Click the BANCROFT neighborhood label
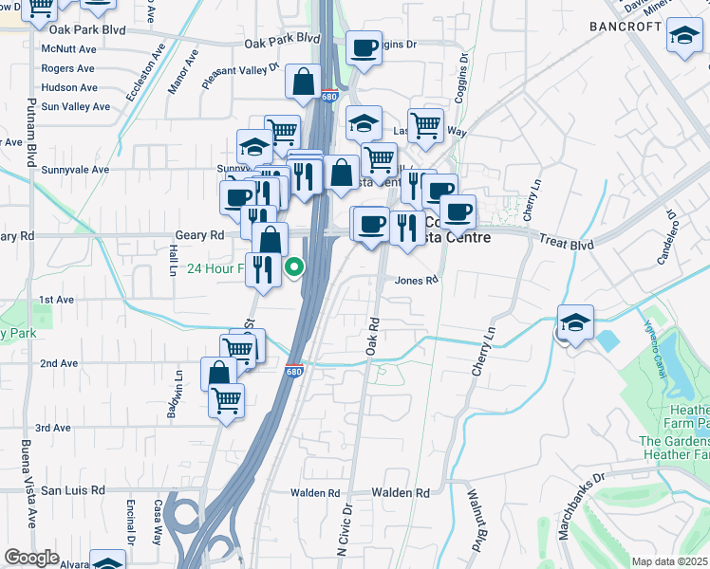[625, 27]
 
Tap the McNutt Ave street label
[69, 49]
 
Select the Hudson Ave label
[68, 87]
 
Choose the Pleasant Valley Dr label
[240, 76]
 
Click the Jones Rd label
[417, 281]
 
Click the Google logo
[31, 559]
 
